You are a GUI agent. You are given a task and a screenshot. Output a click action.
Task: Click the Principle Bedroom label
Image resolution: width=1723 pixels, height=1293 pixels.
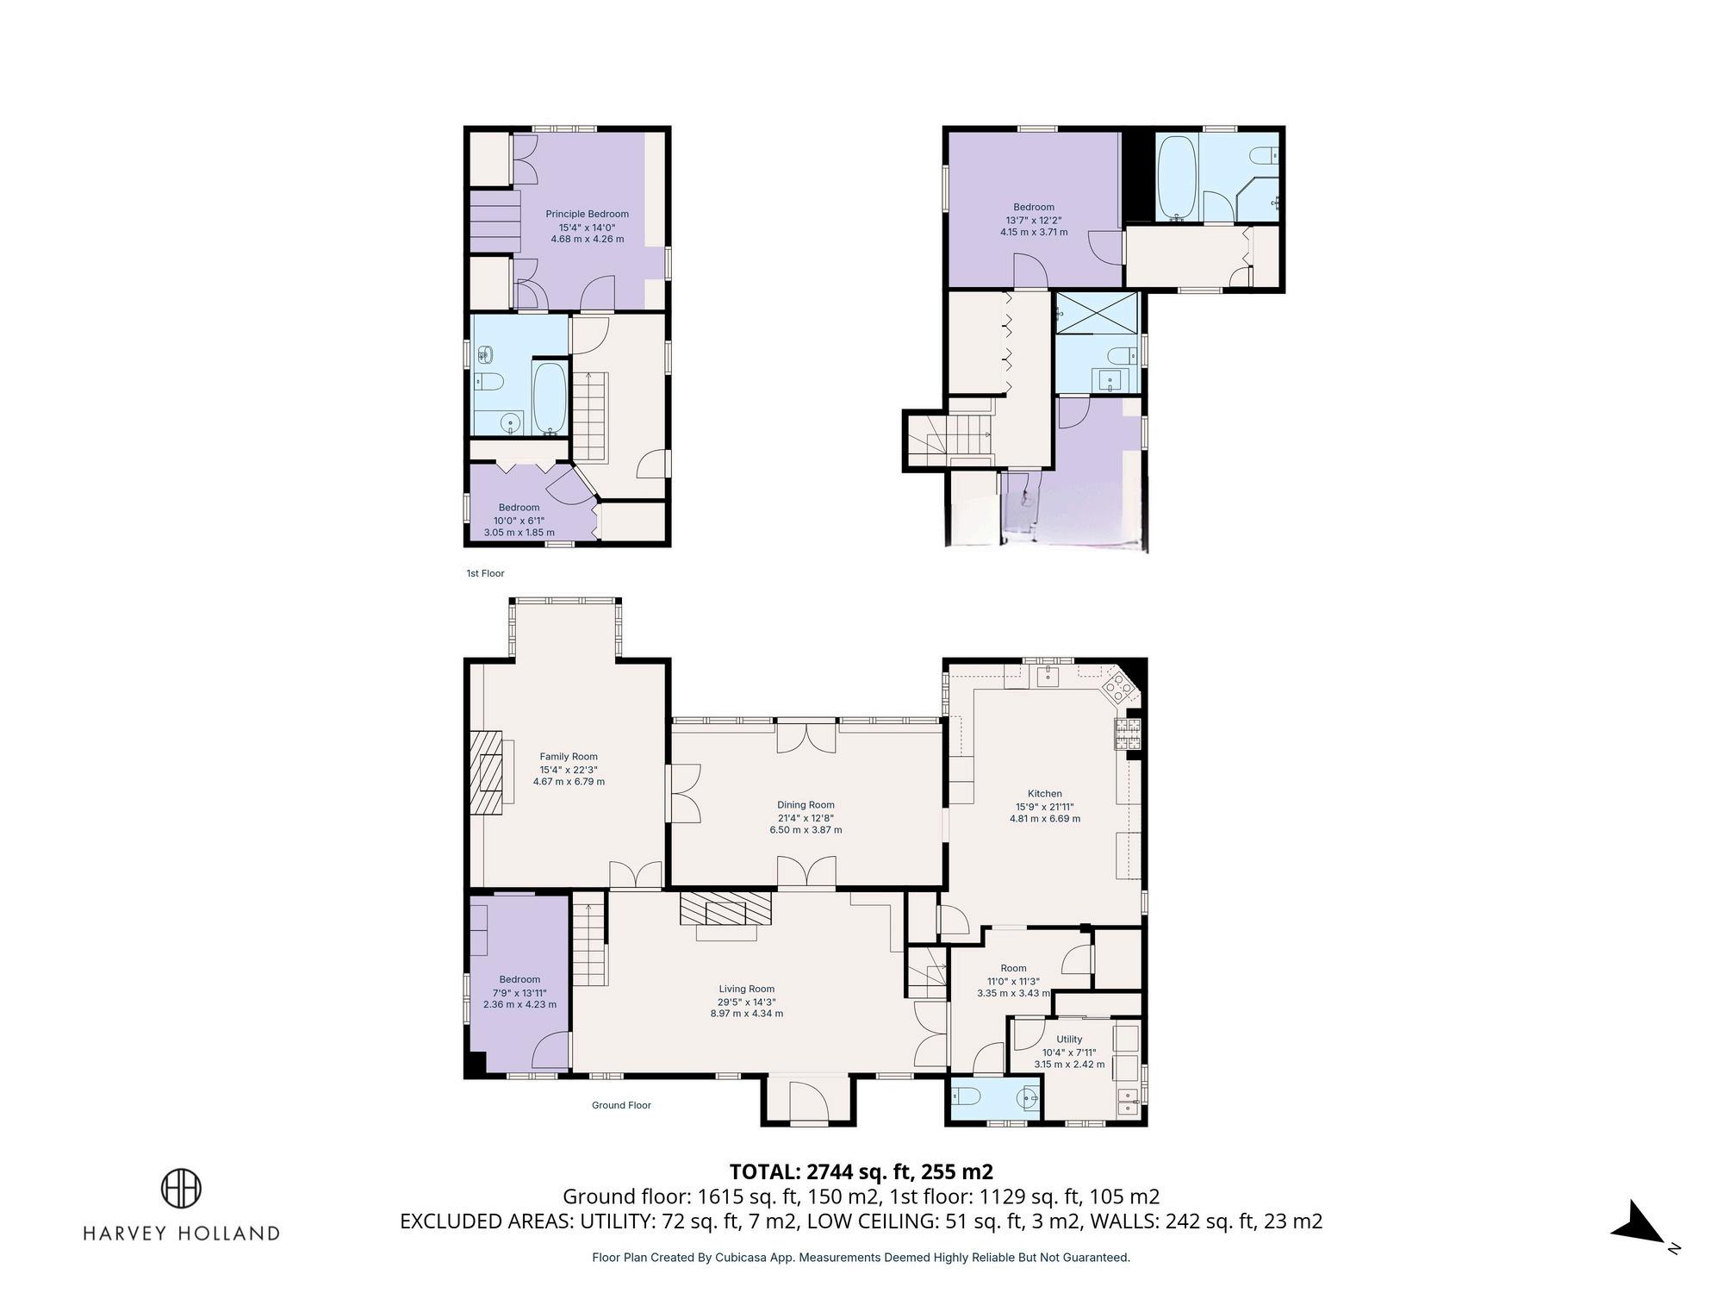point(587,214)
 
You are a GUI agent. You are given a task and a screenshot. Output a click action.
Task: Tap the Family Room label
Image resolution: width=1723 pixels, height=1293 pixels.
point(569,757)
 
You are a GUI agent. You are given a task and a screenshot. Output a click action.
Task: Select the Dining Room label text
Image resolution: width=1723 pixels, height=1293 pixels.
point(806,805)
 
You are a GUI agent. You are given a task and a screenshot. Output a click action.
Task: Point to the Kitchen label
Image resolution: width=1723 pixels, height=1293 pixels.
point(1045,794)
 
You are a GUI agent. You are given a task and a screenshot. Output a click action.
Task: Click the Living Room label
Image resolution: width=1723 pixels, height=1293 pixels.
point(747,989)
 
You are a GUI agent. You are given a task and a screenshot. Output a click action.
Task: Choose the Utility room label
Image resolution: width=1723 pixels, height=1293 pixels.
point(1069,1040)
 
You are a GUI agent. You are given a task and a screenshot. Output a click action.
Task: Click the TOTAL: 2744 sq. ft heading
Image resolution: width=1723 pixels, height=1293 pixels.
point(861,1171)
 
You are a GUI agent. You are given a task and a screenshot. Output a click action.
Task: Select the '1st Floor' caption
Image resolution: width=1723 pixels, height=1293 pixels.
point(485,573)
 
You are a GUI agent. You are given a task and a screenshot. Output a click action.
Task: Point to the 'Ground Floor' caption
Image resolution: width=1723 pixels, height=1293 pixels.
point(621,1105)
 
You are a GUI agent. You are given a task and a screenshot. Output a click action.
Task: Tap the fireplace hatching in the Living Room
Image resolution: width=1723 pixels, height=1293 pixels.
point(725,908)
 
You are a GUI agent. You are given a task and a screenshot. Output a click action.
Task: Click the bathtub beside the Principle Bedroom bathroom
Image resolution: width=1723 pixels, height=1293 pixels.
point(549,398)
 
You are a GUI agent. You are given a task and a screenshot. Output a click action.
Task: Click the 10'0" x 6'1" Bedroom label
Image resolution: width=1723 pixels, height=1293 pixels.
point(519,520)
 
